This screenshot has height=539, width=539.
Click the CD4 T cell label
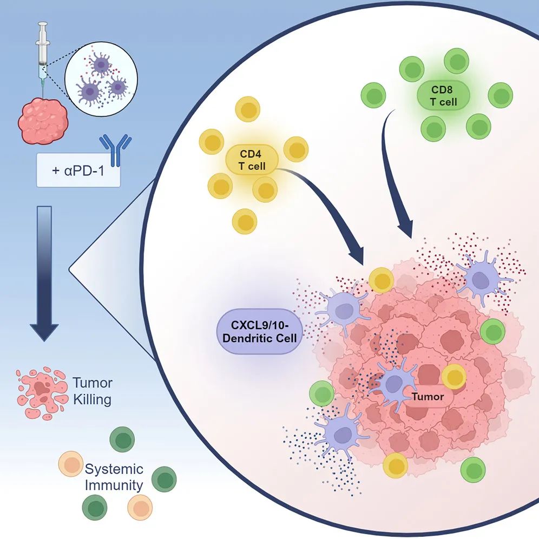click(252, 159)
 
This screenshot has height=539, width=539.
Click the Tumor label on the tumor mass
click(428, 397)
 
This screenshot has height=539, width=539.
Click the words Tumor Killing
click(93, 391)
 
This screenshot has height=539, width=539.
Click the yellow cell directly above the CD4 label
click(248, 113)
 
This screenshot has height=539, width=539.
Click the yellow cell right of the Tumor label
click(453, 376)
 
